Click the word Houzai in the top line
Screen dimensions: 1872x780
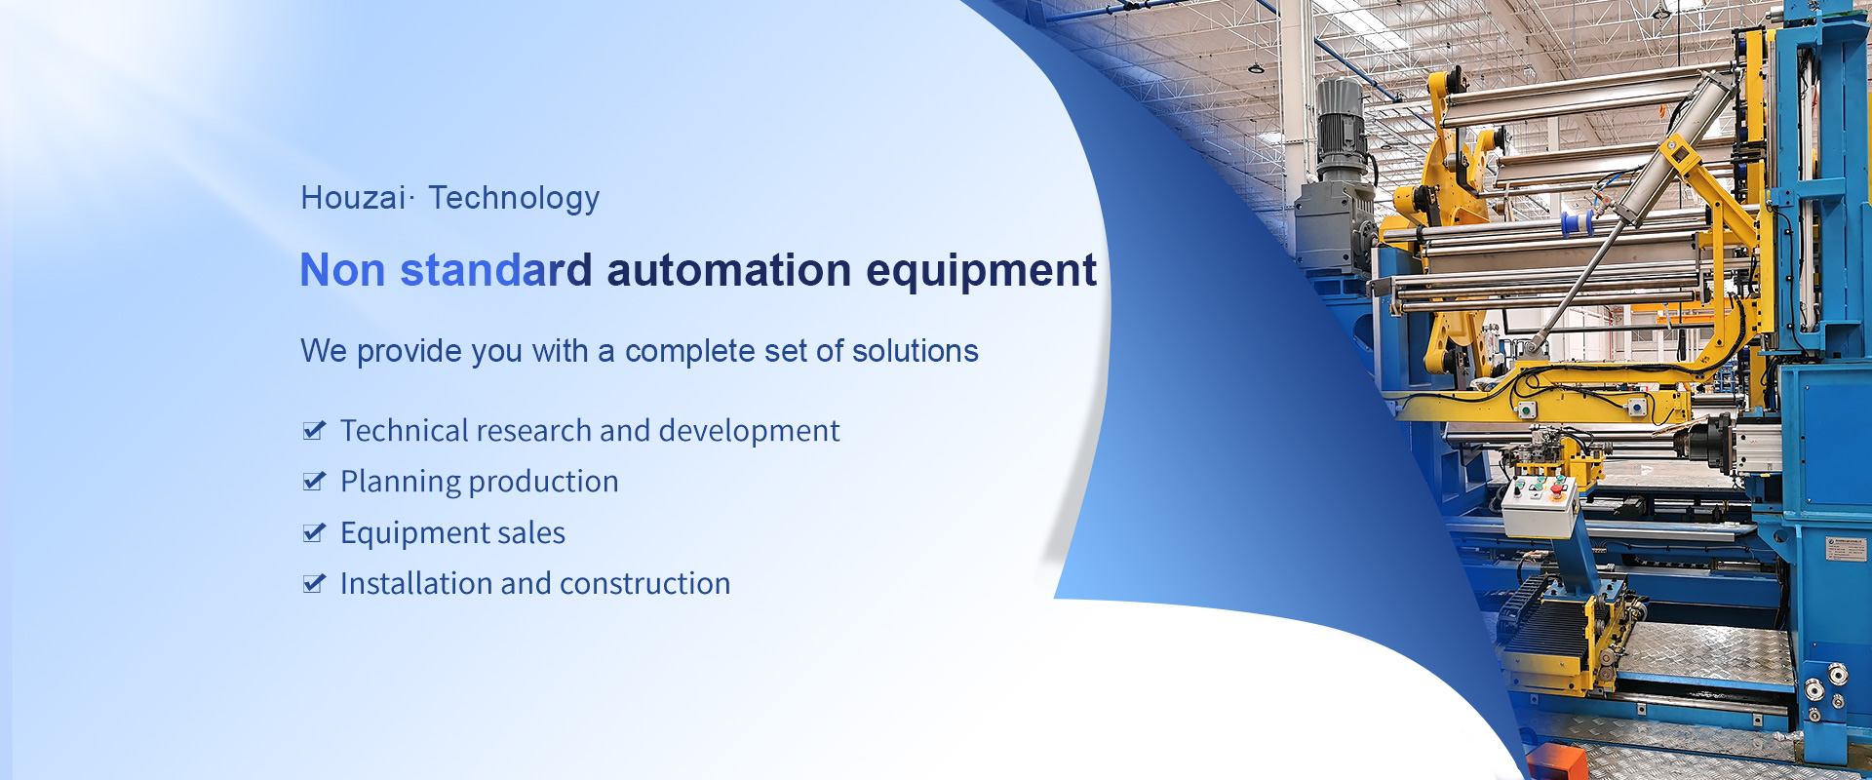pyautogui.click(x=353, y=198)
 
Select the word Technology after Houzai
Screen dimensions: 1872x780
pyautogui.click(x=514, y=199)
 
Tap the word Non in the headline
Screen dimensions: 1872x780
pyautogui.click(x=342, y=270)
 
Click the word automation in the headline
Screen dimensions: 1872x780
pyautogui.click(x=729, y=270)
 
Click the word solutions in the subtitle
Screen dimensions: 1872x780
pyautogui.click(x=915, y=351)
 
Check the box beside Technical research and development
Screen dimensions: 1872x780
pyautogui.click(x=314, y=430)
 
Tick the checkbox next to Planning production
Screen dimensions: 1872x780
pyautogui.click(x=314, y=481)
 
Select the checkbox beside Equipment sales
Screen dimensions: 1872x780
pyautogui.click(x=314, y=532)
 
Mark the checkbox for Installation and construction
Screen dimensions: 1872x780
pyautogui.click(x=314, y=583)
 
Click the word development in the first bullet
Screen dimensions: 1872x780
pyautogui.click(x=749, y=432)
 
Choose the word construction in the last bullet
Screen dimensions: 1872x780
pyautogui.click(x=644, y=584)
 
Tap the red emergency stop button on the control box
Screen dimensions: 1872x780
pyautogui.click(x=1557, y=487)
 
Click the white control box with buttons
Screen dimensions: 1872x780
pyautogui.click(x=1539, y=507)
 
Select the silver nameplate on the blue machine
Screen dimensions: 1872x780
pyautogui.click(x=1846, y=548)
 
